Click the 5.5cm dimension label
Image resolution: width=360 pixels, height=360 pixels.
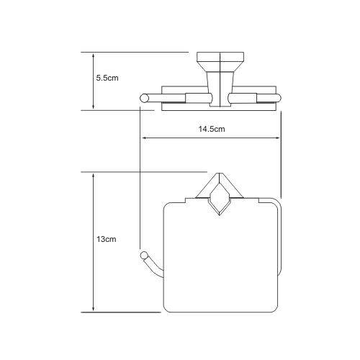[107, 78]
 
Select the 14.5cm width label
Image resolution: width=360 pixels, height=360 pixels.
[212, 129]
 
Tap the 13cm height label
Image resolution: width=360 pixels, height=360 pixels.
[107, 239]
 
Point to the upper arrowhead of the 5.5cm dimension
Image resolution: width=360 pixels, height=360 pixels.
[94, 55]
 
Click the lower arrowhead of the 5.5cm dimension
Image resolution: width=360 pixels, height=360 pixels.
[94, 107]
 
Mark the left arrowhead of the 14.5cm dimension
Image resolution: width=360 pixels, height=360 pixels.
[145, 138]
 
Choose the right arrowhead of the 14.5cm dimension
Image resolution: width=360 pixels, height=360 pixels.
[277, 138]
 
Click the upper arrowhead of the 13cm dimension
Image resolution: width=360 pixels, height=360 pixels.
[94, 176]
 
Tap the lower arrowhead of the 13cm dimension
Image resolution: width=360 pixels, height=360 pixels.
[94, 309]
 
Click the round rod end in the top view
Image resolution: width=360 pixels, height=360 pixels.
[144, 98]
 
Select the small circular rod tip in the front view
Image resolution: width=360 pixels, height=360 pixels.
[144, 256]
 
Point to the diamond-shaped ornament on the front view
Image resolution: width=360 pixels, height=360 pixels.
[220, 199]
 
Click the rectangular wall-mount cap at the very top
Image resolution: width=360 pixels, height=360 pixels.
[220, 56]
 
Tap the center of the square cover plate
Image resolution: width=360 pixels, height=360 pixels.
[220, 258]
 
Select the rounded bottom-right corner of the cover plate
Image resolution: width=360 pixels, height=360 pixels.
[275, 310]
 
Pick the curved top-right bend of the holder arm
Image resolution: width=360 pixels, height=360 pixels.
[278, 202]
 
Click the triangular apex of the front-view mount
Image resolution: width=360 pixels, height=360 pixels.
[219, 174]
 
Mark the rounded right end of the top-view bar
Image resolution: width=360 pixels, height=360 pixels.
[279, 98]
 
